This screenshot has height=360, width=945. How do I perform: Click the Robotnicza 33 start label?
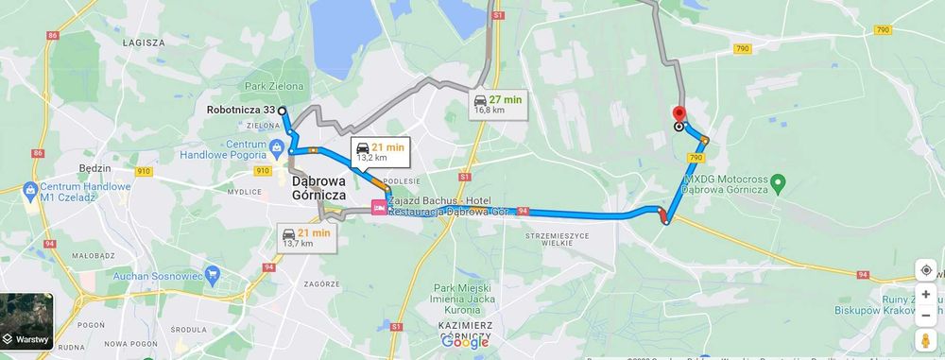[241, 110]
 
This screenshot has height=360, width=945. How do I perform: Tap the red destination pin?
[678, 113]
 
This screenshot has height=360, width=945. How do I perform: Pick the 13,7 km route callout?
[308, 237]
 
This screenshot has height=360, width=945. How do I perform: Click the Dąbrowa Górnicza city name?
[318, 187]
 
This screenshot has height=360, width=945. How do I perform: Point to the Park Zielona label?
[274, 86]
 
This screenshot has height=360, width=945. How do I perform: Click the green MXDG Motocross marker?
[777, 181]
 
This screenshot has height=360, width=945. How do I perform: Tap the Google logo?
[465, 342]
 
